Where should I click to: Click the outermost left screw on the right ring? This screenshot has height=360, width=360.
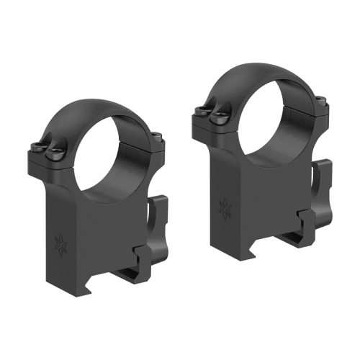199,109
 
